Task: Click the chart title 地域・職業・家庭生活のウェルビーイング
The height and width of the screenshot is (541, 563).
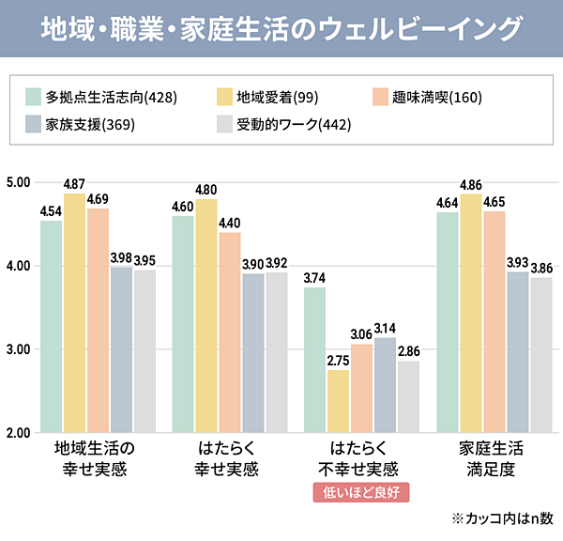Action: pos(281,28)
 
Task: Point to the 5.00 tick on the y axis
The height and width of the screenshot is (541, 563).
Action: pos(19,182)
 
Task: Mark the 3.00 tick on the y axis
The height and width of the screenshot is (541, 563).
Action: pos(19,349)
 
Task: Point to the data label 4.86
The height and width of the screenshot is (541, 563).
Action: pos(471,185)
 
